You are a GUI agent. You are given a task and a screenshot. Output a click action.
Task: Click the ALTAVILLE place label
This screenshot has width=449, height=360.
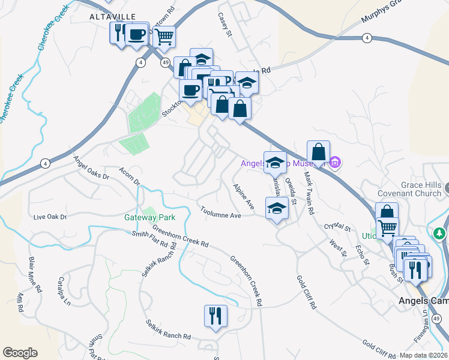112,16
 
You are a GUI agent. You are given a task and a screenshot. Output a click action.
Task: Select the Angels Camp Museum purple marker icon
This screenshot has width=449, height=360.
336,162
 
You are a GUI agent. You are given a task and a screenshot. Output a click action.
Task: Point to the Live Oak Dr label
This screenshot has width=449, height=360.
50,217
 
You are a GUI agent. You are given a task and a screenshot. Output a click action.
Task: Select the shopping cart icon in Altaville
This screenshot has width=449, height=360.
163,37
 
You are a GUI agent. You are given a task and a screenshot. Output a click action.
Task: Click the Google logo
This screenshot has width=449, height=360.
20,352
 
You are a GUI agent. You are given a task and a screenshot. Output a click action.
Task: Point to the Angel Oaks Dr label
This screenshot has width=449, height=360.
91,169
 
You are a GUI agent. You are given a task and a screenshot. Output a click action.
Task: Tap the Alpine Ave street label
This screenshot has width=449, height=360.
244,196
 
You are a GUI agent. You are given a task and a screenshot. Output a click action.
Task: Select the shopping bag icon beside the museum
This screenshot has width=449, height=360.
318,151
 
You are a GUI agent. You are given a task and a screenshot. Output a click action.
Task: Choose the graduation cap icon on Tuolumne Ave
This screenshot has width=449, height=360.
277,208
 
